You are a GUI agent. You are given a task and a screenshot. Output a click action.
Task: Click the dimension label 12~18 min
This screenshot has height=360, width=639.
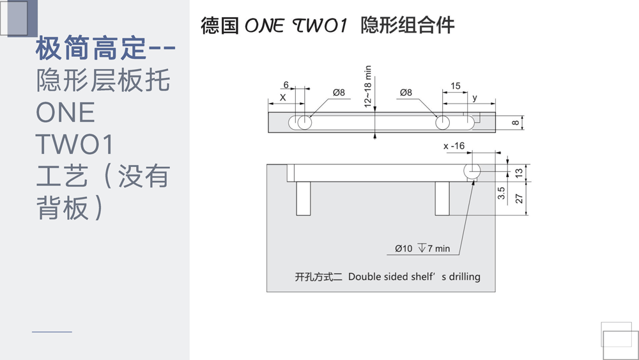pos(368,86)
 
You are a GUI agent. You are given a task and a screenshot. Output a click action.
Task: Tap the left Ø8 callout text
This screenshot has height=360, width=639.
pos(339,93)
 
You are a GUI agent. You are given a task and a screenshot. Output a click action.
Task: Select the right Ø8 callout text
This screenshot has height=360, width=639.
pos(406,93)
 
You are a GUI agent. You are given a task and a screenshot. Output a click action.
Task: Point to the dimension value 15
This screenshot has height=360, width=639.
pos(455,86)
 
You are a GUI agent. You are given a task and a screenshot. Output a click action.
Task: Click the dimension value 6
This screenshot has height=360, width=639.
pos(286,85)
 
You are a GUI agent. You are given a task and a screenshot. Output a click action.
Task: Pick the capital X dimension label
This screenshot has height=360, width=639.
pos(283,97)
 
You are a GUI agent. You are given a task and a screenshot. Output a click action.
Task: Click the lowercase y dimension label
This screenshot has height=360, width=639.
pos(475,98)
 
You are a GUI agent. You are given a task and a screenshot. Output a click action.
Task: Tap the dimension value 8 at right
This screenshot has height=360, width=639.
pos(516,123)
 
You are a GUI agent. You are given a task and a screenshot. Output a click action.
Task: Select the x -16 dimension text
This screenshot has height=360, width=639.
pos(454,146)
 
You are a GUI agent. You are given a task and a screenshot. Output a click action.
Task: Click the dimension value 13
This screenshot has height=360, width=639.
pos(519,173)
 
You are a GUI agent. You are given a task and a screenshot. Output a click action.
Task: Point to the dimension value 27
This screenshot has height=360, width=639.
pos(519,199)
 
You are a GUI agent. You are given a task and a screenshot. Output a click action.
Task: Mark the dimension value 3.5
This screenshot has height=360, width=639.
pos(501,193)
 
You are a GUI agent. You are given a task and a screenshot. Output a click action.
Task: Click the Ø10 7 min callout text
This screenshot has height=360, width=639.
pos(422,248)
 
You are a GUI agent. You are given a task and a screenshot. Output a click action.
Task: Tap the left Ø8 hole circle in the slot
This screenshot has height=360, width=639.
pos(304,122)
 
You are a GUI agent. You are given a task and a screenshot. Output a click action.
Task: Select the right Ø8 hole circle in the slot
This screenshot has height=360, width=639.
pos(443,122)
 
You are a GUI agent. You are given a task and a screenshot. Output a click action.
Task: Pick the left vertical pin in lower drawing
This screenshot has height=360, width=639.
pos(303,199)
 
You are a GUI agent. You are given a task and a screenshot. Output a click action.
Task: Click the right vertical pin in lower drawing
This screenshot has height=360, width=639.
pos(442,199)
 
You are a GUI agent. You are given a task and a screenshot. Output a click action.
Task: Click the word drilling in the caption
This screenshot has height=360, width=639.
pos(465,276)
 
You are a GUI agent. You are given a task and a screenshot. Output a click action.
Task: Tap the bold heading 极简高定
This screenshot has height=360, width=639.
pos(91,48)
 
